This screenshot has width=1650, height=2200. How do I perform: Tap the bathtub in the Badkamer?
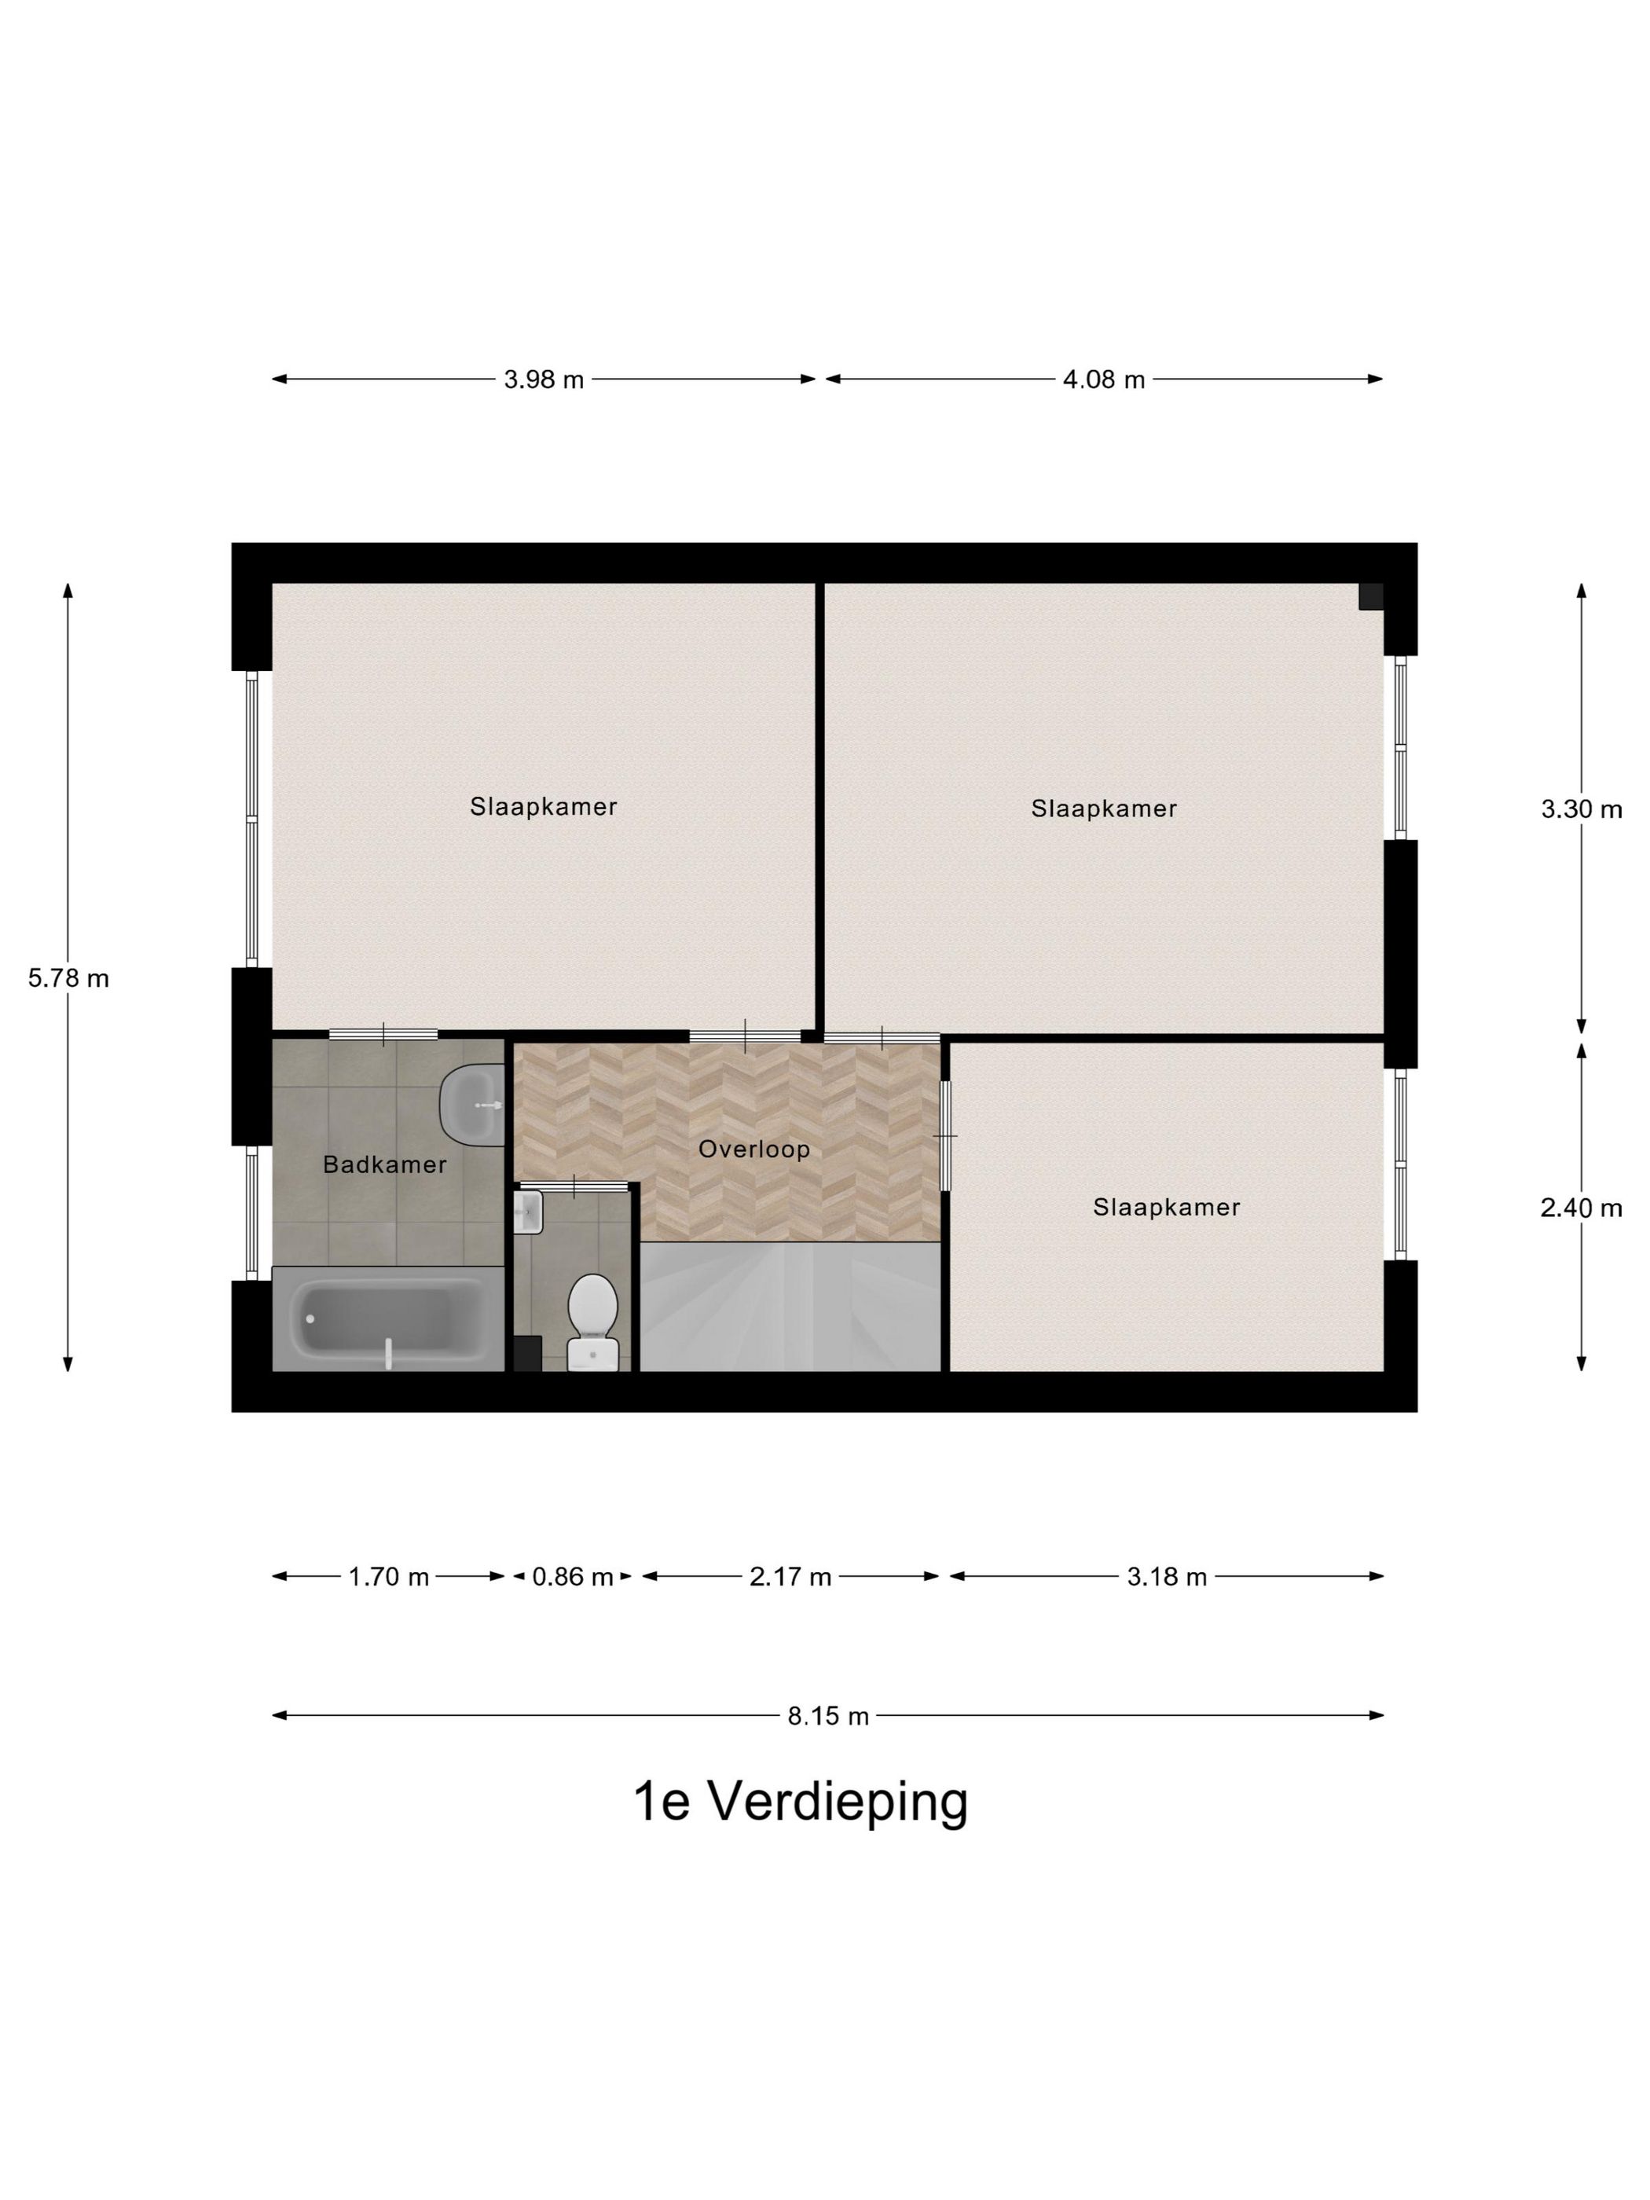(388, 1321)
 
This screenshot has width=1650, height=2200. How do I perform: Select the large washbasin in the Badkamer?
(471, 1104)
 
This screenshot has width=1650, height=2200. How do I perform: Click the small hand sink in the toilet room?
(528, 1213)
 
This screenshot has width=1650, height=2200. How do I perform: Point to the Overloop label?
(753, 1149)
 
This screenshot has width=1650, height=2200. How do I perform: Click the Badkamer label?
(385, 1164)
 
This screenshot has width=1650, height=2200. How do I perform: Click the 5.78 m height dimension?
(68, 979)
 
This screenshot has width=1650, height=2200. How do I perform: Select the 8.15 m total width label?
(827, 1716)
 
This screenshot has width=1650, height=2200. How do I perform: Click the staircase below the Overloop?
(789, 1305)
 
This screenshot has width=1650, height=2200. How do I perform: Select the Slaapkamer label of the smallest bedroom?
(1166, 1208)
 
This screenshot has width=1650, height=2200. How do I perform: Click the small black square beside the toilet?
(527, 1354)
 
